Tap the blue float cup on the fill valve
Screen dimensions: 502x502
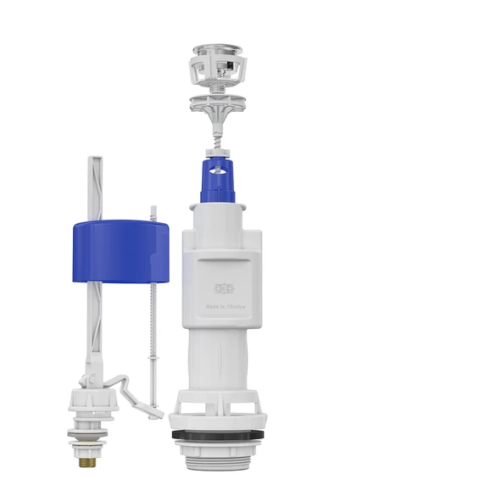click(120, 250)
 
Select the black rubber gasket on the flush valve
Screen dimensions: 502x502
click(218, 434)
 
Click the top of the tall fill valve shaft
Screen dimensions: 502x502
click(94, 161)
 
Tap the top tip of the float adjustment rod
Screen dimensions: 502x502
click(153, 208)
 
